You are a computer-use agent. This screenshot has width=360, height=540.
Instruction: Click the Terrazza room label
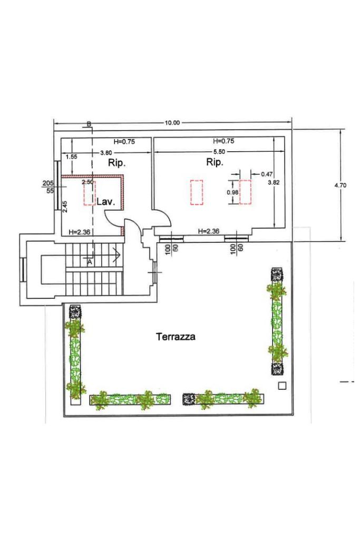click(176, 337)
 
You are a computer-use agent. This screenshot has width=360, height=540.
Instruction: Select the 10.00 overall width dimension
click(172, 123)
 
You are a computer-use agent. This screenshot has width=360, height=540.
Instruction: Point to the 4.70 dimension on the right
click(340, 185)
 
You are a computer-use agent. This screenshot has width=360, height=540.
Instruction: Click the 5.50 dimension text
click(219, 152)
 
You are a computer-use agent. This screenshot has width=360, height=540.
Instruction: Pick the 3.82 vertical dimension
click(274, 182)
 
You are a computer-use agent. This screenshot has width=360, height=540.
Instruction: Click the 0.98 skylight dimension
click(233, 192)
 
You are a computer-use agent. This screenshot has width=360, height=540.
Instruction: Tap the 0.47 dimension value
click(267, 174)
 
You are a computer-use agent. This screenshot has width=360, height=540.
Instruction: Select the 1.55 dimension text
click(72, 156)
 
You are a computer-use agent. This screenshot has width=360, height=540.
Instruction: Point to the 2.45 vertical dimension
click(65, 207)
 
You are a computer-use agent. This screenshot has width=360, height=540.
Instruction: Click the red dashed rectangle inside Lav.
click(90, 193)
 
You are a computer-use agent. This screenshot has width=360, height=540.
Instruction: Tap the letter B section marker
click(89, 124)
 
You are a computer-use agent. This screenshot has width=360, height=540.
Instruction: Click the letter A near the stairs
click(89, 262)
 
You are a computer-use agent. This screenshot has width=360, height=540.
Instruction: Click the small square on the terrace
click(282, 386)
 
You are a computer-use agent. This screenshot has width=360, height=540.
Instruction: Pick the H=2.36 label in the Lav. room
click(79, 232)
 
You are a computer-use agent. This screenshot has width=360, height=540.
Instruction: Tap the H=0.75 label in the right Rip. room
click(223, 141)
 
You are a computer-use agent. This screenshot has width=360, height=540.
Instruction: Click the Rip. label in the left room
click(117, 163)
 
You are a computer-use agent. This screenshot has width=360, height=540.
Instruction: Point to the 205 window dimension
click(49, 183)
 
